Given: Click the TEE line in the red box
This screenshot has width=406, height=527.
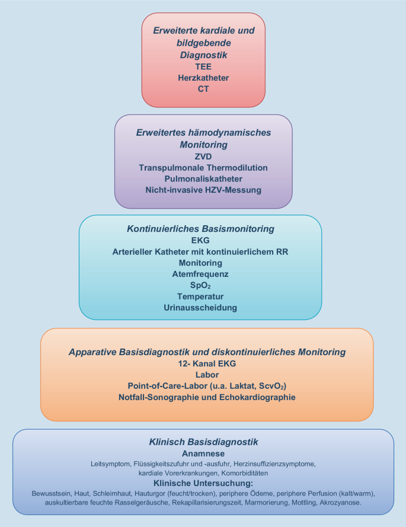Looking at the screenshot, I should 203,66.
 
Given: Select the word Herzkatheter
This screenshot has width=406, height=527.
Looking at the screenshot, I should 203,78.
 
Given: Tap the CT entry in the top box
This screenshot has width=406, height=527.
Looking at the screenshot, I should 203,89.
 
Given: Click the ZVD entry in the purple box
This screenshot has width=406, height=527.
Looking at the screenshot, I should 203,156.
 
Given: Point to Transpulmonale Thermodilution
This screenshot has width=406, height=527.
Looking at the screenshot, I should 203,168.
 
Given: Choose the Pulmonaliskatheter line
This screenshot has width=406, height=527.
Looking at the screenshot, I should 203,178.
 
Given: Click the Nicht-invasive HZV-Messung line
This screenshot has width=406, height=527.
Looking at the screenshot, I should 203,190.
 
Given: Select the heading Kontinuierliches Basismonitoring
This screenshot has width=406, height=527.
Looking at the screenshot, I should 200,228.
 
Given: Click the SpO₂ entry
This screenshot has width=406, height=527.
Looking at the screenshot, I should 200,285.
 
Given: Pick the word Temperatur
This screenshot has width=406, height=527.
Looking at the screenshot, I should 200,296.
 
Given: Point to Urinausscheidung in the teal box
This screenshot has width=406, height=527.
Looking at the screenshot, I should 200,307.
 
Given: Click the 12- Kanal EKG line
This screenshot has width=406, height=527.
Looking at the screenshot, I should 207,363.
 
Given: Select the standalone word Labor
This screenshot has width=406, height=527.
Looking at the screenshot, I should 207,374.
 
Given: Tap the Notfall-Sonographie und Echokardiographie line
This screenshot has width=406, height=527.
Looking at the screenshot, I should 207,397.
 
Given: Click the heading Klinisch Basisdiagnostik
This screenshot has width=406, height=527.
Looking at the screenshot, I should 203,442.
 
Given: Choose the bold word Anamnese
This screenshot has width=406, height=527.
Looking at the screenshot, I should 203,453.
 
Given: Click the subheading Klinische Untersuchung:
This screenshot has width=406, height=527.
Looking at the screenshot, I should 203,484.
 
